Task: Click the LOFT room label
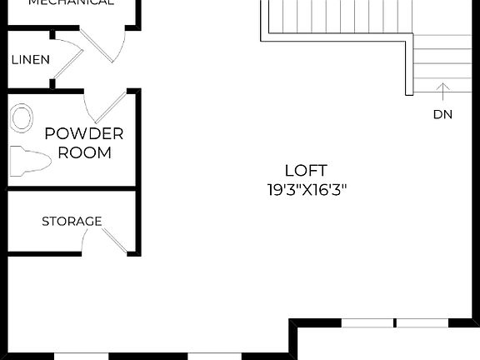click(x=306, y=170)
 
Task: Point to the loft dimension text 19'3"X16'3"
click(x=306, y=189)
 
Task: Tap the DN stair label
click(x=442, y=114)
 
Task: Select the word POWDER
click(x=84, y=133)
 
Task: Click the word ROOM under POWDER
click(x=84, y=152)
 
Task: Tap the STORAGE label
click(x=72, y=221)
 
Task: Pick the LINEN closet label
click(x=30, y=60)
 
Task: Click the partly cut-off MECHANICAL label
click(x=71, y=2)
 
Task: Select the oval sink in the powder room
click(x=22, y=117)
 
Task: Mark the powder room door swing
click(x=104, y=107)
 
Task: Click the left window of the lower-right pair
click(x=367, y=322)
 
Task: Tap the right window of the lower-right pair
click(x=421, y=322)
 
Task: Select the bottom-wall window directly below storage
click(x=82, y=356)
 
